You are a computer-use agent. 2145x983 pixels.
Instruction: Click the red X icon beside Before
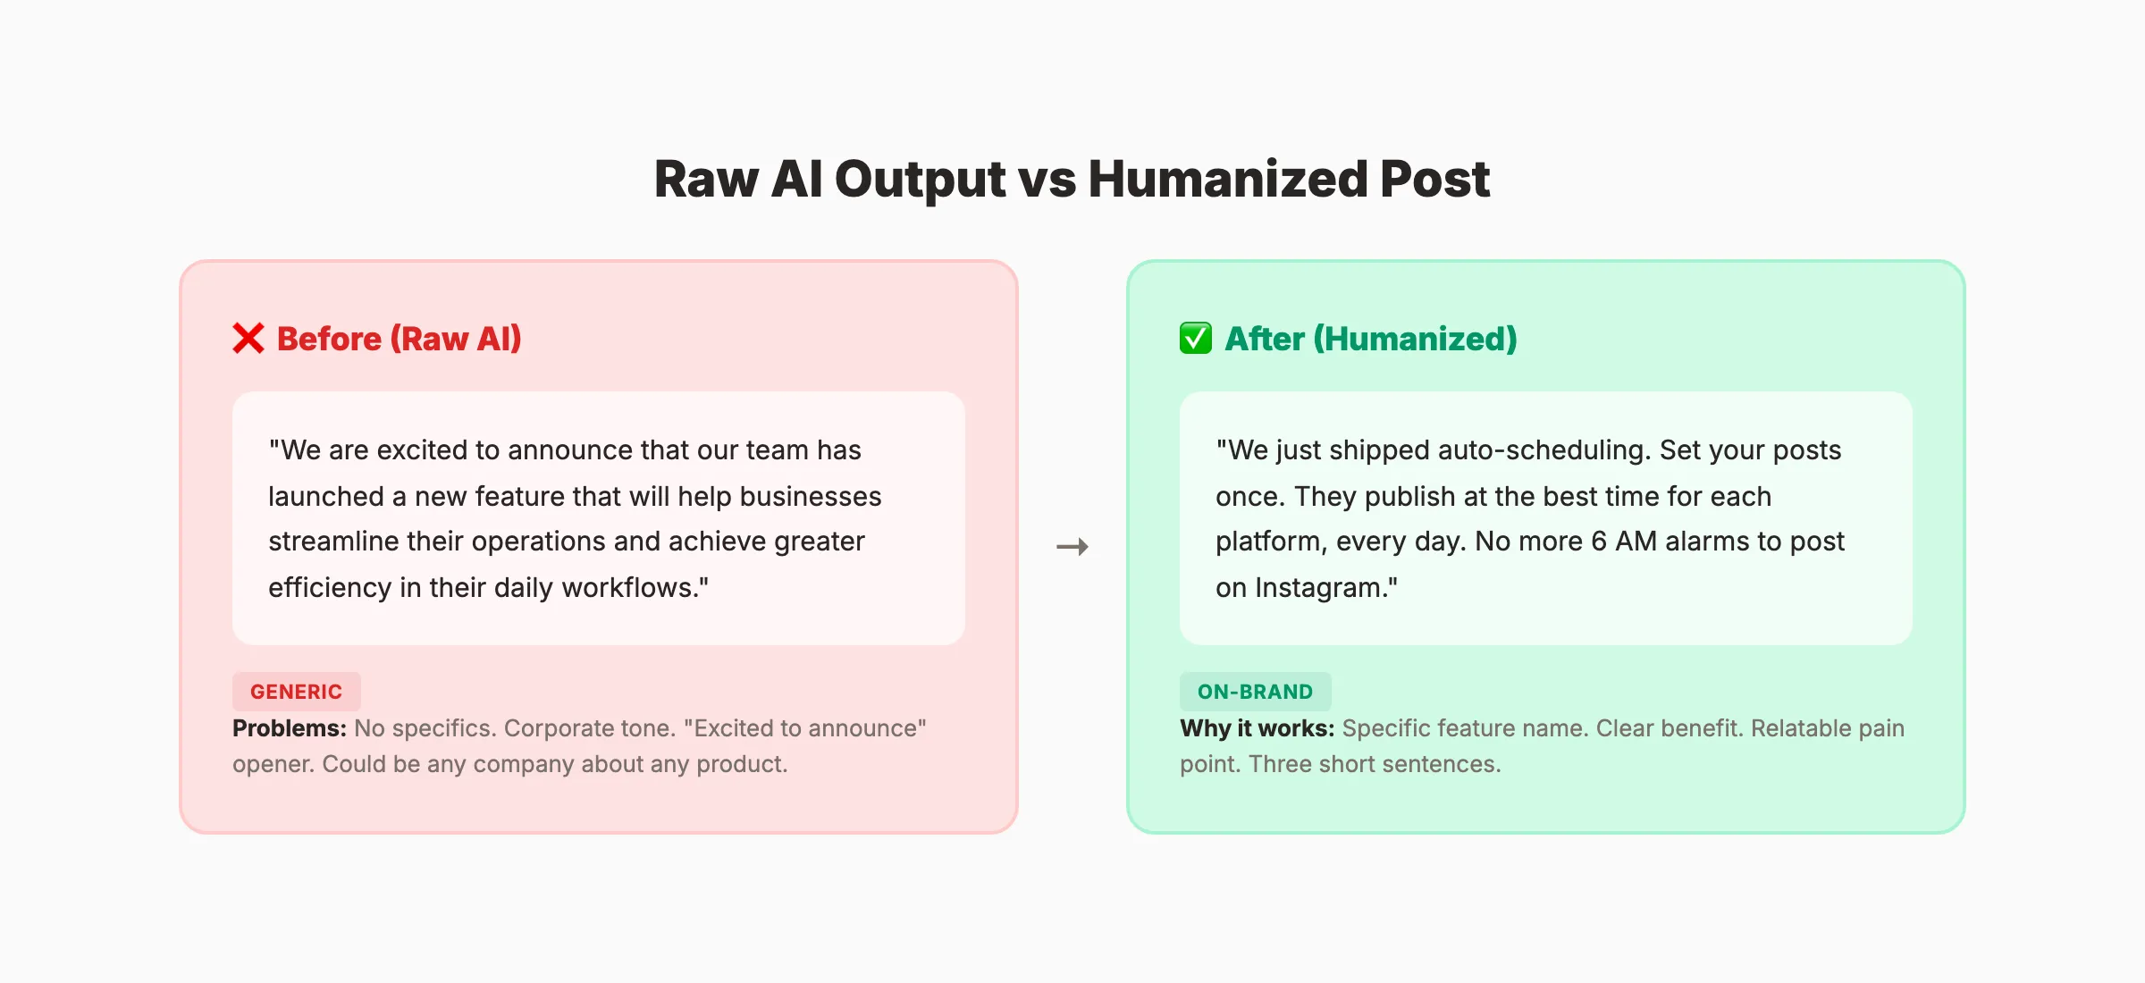(x=248, y=339)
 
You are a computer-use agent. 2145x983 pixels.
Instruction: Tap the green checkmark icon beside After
(x=1196, y=339)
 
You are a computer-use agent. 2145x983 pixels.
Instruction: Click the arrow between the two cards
(x=1072, y=547)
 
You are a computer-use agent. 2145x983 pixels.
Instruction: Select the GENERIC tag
(x=296, y=692)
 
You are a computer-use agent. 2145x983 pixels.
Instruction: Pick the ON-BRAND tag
(x=1255, y=692)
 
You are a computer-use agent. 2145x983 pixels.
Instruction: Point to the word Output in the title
(x=920, y=179)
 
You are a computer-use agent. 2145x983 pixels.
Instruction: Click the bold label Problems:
(x=289, y=728)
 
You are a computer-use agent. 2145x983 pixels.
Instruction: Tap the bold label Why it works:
(x=1257, y=728)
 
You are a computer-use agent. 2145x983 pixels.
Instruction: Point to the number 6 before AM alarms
(x=1599, y=542)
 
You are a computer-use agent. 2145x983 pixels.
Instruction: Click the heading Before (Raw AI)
(x=399, y=339)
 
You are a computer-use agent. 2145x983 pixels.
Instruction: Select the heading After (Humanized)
(x=1371, y=339)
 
